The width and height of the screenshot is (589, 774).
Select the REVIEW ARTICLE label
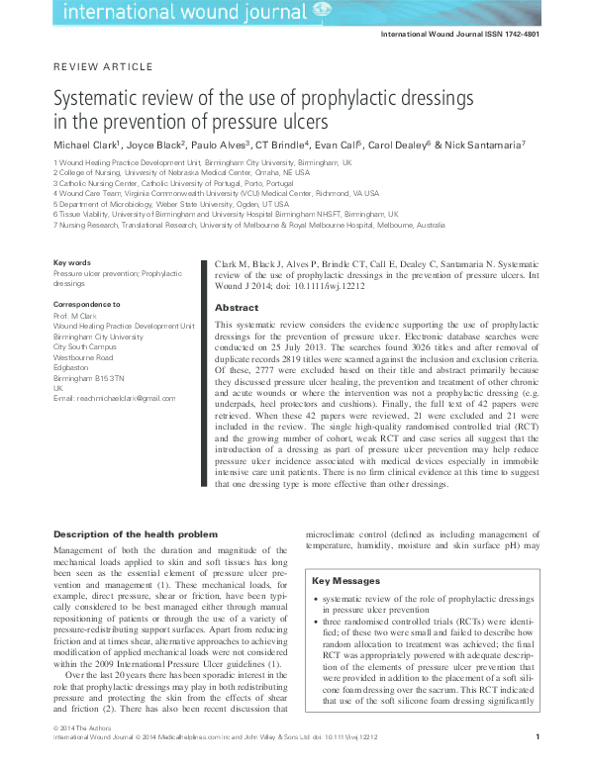tap(102, 66)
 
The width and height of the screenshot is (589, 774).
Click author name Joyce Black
tap(150, 145)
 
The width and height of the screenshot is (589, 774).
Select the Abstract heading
tap(236, 308)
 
